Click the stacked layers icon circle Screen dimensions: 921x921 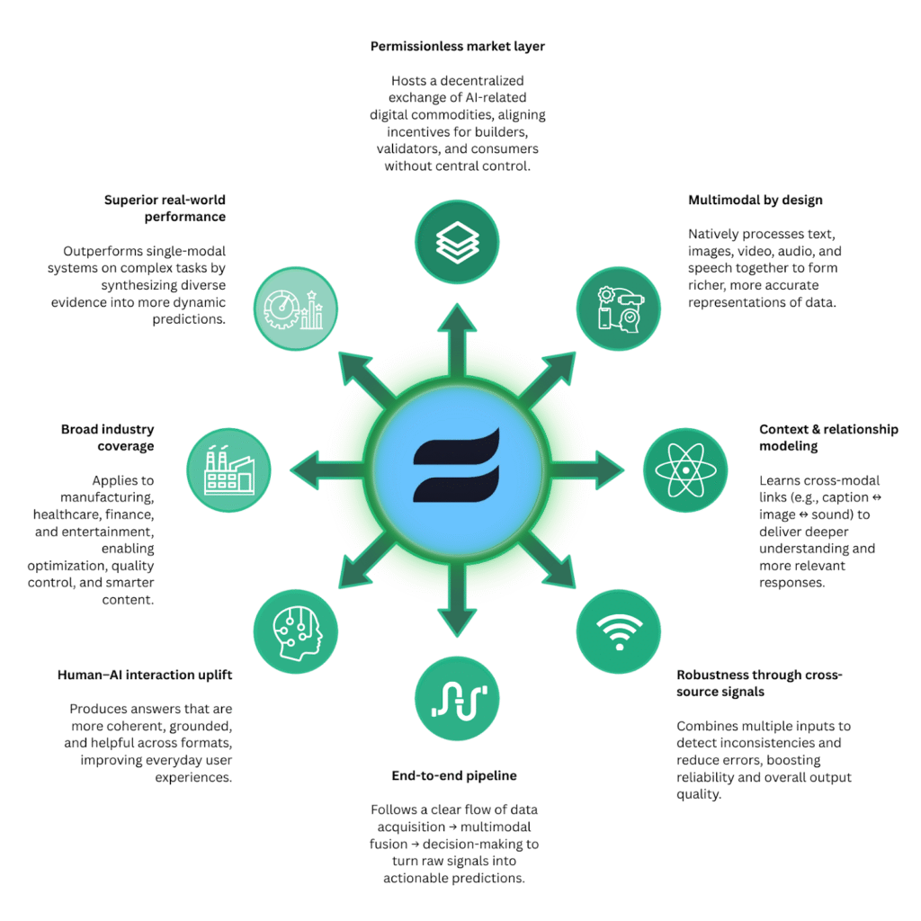457,242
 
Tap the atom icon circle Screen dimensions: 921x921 685,469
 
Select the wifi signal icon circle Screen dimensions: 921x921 619,631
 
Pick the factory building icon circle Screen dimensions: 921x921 228,469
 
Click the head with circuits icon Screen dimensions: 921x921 298,632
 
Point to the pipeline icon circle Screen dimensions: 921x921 457,698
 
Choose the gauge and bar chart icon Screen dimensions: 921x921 294,309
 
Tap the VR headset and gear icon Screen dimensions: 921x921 621,309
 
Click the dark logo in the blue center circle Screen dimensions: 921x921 456,465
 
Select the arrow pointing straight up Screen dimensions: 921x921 457,341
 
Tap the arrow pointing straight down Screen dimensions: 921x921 457,599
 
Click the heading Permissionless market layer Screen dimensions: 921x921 458,47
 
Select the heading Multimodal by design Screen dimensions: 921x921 756,201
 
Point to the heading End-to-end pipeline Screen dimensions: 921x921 454,776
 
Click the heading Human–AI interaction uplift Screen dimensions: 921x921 145,675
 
